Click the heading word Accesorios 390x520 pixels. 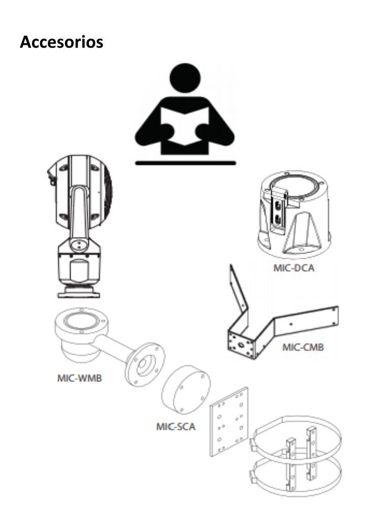click(x=61, y=42)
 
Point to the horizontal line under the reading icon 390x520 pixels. click(x=185, y=162)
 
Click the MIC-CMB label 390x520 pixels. click(x=303, y=348)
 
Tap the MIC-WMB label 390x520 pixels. click(x=79, y=379)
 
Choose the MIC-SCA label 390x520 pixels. click(x=176, y=426)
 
